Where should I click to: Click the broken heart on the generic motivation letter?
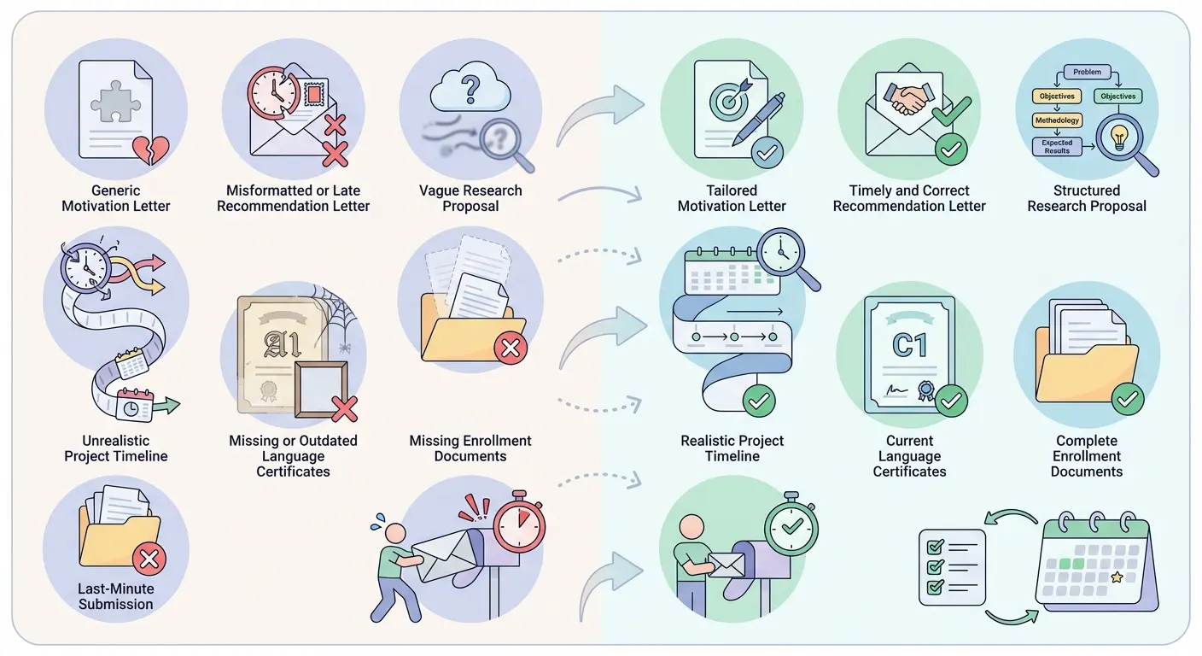[151, 149]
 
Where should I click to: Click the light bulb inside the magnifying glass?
[1117, 137]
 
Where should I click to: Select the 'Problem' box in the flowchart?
[1087, 72]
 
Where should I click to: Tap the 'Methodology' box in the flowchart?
[1057, 120]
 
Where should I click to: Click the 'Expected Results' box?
[1057, 147]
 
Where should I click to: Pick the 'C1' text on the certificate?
[909, 345]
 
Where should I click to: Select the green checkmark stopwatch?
[791, 524]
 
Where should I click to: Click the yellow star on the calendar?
[1117, 577]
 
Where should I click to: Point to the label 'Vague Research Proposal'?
[470, 198]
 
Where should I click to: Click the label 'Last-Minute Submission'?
[116, 596]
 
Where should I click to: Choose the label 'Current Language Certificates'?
[909, 455]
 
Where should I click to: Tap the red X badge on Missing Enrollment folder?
[511, 348]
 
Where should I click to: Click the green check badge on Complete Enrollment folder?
[1129, 398]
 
